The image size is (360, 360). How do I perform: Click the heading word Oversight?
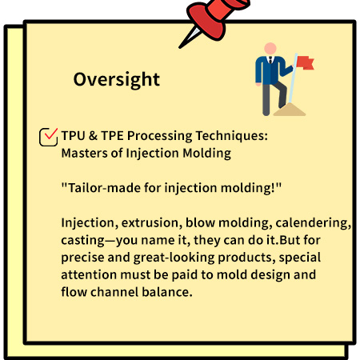point(117,79)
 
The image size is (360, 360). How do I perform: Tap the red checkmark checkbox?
point(48,137)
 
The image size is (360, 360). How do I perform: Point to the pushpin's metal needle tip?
point(180,47)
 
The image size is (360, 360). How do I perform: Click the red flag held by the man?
point(305,62)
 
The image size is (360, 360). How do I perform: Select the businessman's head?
point(270,49)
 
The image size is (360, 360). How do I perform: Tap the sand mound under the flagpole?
point(290,110)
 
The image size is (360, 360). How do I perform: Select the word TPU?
point(74,136)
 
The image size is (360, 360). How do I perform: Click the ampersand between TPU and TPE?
point(93,136)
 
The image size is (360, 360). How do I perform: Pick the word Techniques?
point(231,136)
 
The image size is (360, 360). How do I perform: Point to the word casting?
point(83,241)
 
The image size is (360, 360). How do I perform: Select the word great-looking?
point(174,258)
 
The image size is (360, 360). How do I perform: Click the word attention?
point(89,275)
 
